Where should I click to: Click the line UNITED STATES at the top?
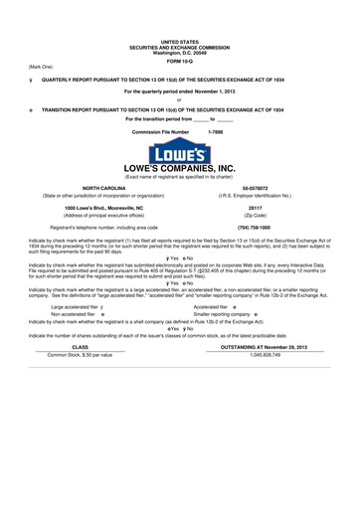click(x=180, y=43)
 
